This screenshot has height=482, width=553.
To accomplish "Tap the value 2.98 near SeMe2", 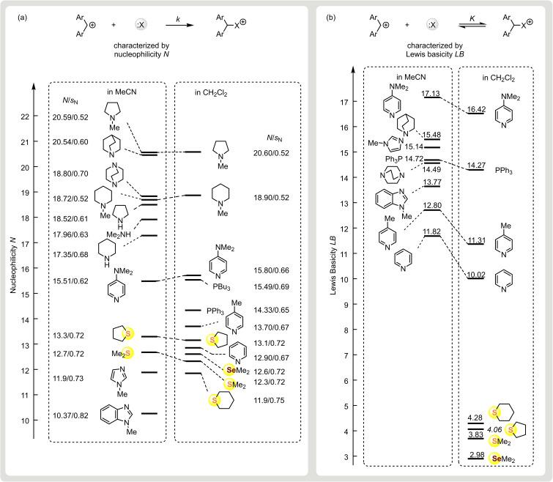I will click(x=475, y=453).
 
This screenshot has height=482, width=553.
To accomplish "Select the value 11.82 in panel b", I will click(x=431, y=232).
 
